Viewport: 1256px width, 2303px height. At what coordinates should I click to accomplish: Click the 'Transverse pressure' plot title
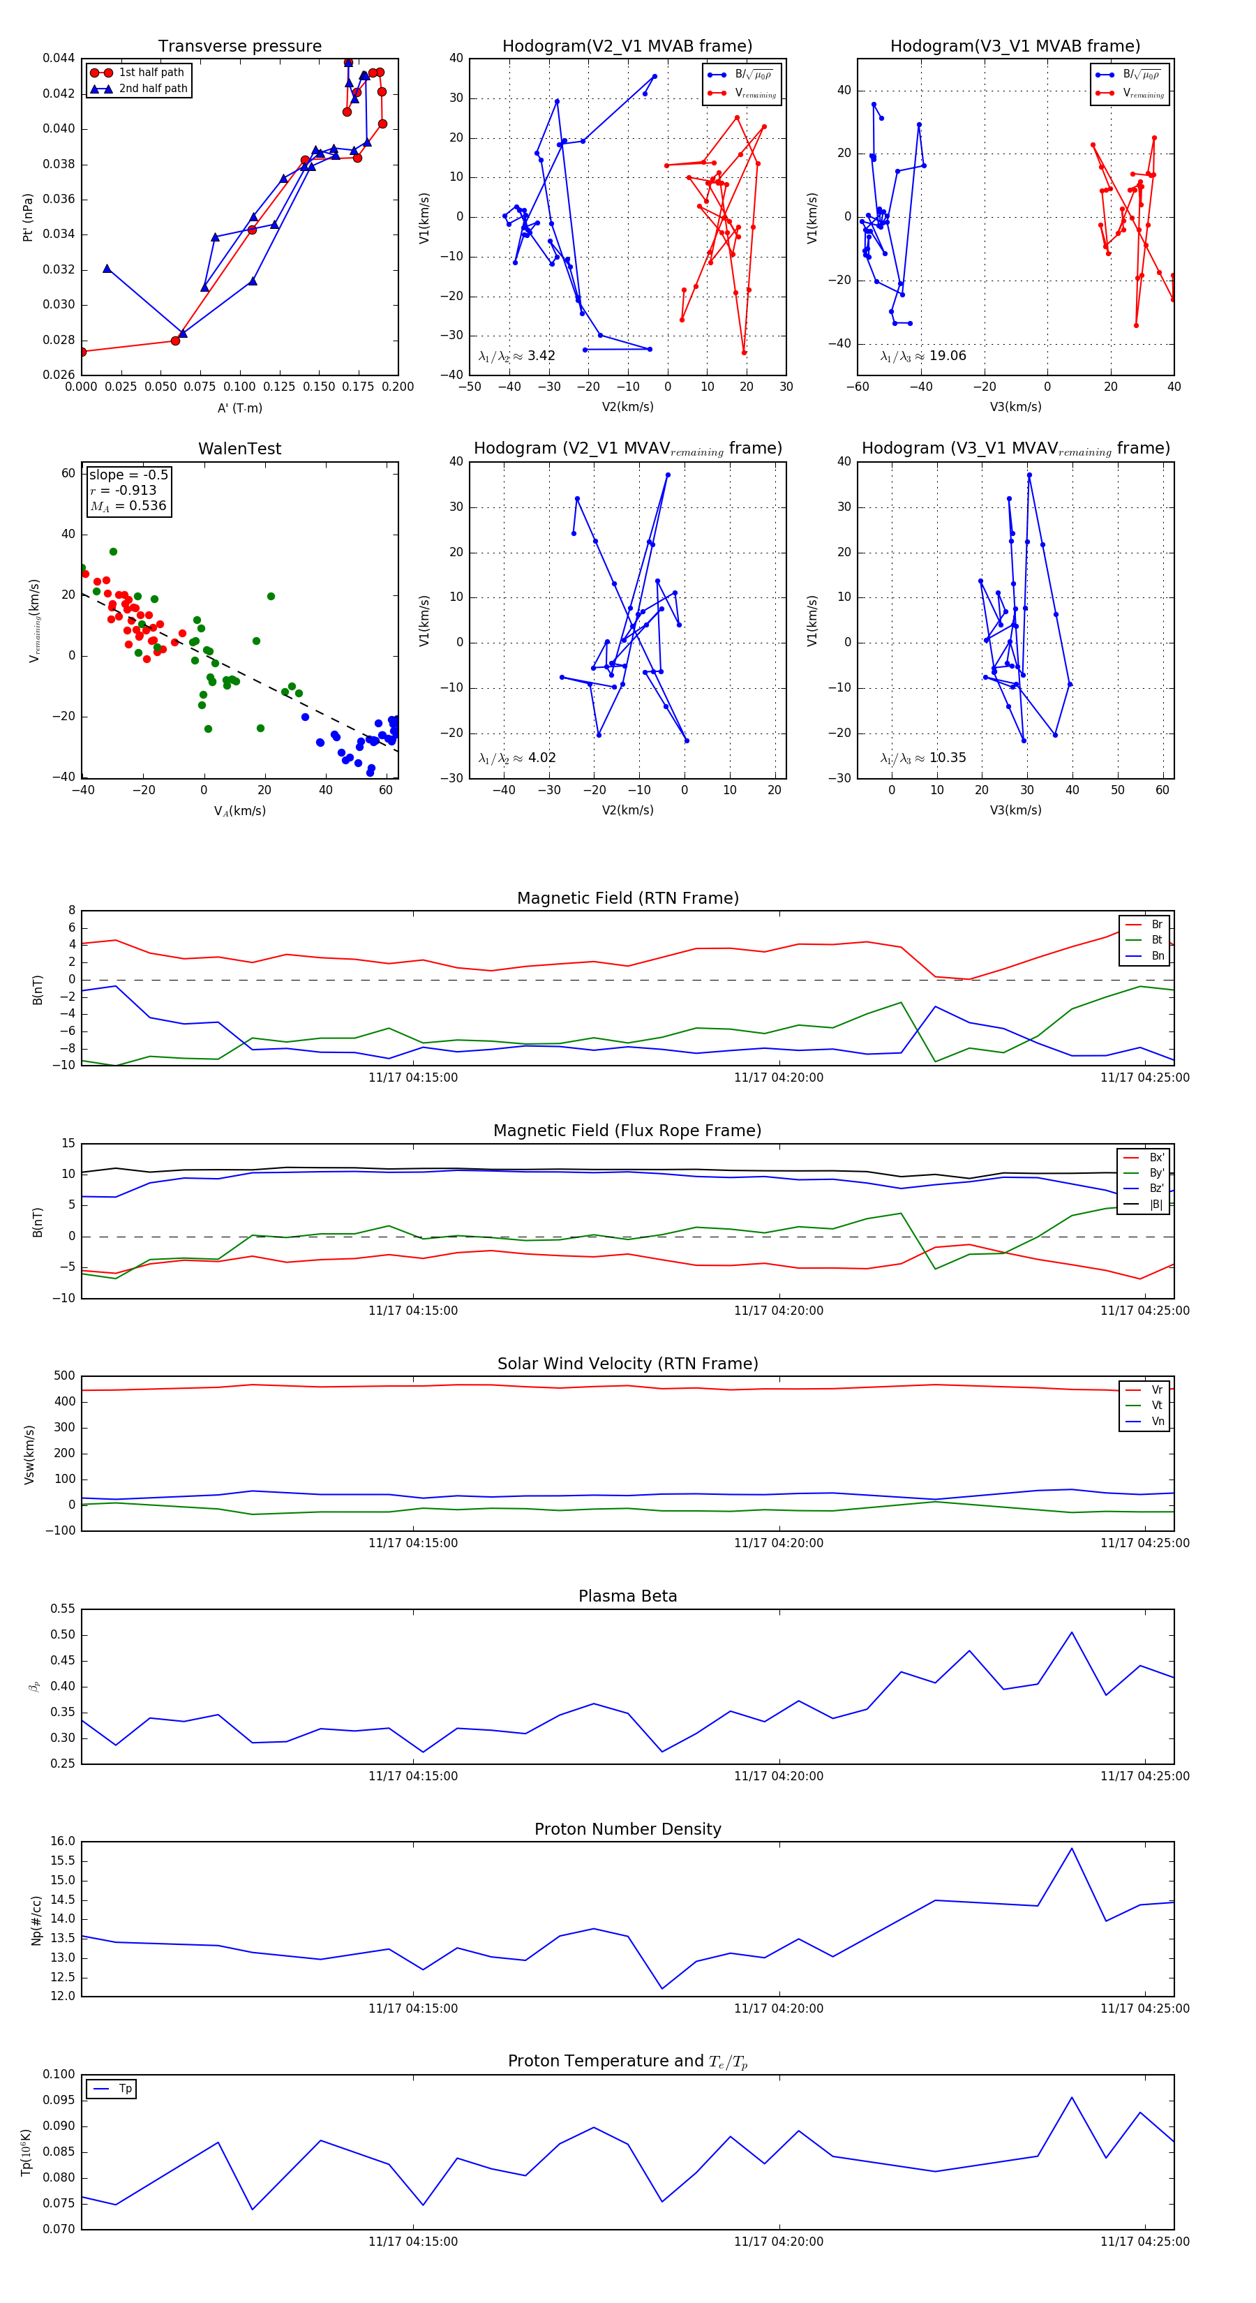pyautogui.click(x=239, y=47)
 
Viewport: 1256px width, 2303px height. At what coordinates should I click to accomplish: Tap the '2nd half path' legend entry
pyautogui.click(x=153, y=89)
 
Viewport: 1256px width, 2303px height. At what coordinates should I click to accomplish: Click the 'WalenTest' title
pyautogui.click(x=239, y=449)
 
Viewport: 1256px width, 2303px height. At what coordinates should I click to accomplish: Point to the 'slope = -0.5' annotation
pyautogui.click(x=128, y=475)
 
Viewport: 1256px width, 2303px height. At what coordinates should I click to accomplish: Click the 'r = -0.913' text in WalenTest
pyautogui.click(x=123, y=490)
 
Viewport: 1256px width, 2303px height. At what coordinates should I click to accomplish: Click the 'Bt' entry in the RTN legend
pyautogui.click(x=1156, y=939)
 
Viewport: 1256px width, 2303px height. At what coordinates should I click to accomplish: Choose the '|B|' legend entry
pyautogui.click(x=1156, y=1205)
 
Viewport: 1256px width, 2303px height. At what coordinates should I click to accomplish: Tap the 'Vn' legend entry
pyautogui.click(x=1157, y=1422)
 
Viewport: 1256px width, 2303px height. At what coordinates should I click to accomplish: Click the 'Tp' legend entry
pyautogui.click(x=125, y=2089)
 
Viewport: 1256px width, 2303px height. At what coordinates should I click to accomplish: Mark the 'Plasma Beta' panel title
pyautogui.click(x=627, y=1596)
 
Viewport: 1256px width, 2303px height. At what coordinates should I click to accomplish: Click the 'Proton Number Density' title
pyautogui.click(x=627, y=1829)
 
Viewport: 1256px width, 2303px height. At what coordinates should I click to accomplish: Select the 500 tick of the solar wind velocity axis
pyautogui.click(x=64, y=1376)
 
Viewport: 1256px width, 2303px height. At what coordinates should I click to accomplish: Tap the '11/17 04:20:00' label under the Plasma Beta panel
pyautogui.click(x=778, y=1776)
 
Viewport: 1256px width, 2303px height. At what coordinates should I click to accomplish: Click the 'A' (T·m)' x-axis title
pyautogui.click(x=239, y=408)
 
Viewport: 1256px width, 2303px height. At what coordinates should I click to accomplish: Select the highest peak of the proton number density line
pyautogui.click(x=1071, y=1849)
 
